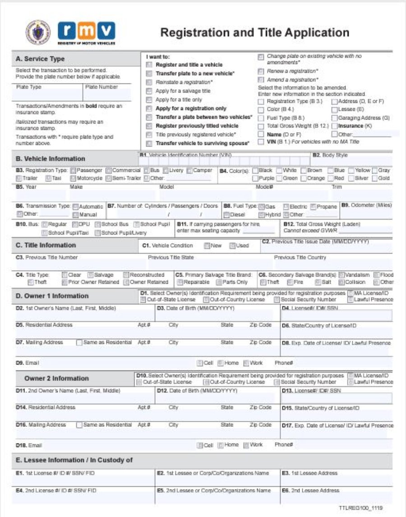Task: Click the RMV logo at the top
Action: [86, 31]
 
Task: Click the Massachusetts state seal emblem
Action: [38, 32]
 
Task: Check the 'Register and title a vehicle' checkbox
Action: [149, 65]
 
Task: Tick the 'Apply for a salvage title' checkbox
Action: [149, 91]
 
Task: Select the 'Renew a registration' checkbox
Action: [261, 71]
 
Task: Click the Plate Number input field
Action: [107, 95]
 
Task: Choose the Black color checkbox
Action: [255, 171]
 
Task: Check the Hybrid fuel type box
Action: [262, 215]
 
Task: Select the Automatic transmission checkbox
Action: [75, 207]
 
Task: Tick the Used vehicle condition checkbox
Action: [232, 246]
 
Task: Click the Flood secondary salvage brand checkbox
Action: [376, 275]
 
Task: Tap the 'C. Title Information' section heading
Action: [46, 245]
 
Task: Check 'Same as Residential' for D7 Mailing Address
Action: [79, 342]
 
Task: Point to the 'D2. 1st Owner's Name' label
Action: [66, 308]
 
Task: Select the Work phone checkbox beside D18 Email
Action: [246, 445]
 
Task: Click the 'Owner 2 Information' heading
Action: [56, 378]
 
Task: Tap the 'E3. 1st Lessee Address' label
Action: [309, 473]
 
